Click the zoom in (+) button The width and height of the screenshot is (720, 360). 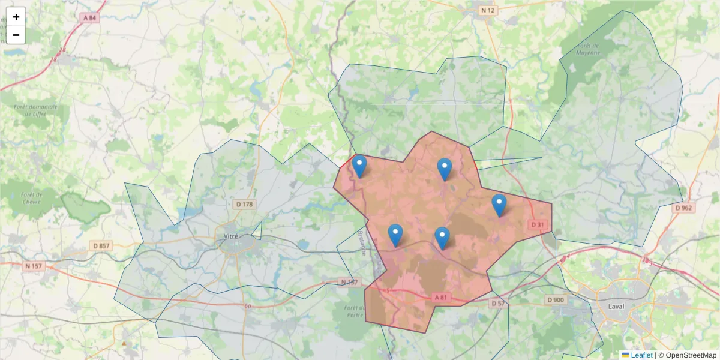point(16,17)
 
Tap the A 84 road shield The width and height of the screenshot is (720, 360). point(89,18)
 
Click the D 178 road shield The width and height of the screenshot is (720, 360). point(245,204)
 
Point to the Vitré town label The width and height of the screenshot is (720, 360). point(230,236)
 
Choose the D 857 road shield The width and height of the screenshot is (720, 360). point(101,246)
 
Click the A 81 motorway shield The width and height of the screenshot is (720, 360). point(441,298)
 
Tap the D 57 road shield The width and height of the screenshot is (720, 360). point(498,304)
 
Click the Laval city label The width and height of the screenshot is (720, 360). point(616,306)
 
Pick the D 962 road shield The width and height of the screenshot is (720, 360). point(683,208)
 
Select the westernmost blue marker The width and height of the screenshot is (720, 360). point(359,166)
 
